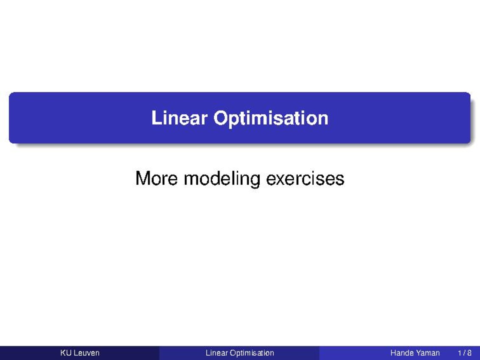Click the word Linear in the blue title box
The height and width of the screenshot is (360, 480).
point(179,118)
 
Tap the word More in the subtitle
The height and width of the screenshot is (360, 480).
point(156,178)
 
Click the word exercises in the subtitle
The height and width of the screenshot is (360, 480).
point(305,179)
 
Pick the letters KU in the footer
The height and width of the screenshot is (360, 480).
point(66,353)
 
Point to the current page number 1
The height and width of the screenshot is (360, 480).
point(460,353)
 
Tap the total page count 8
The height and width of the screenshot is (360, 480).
point(469,353)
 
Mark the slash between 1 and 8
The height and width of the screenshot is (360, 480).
point(464,353)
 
